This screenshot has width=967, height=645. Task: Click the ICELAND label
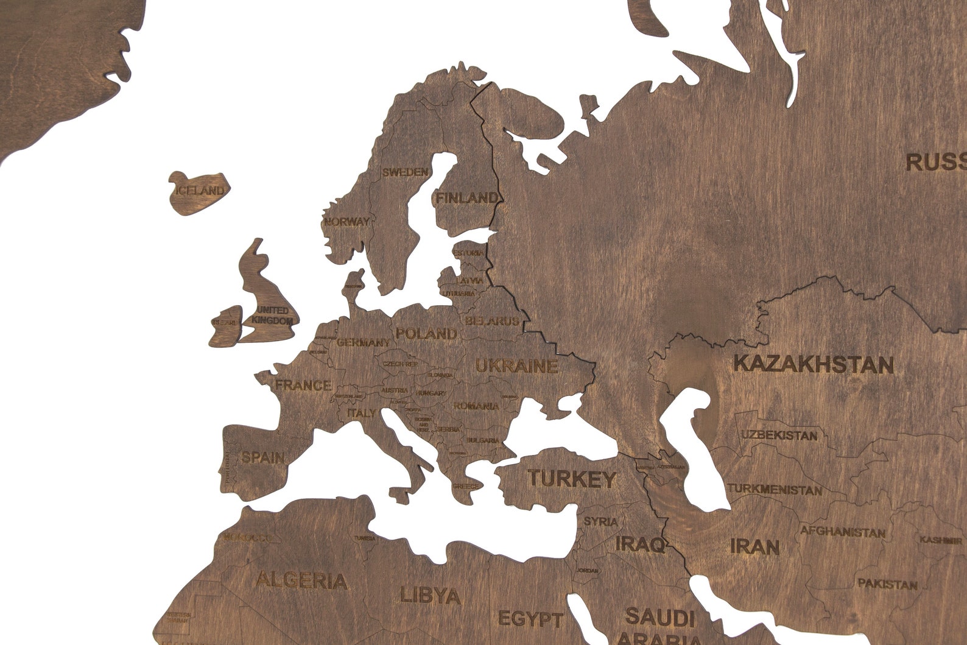[x=200, y=191]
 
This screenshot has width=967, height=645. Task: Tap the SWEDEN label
[x=405, y=172]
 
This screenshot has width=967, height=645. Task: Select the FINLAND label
[x=466, y=198]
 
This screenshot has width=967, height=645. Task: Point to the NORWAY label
[x=347, y=222]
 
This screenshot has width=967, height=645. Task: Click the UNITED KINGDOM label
[x=272, y=315]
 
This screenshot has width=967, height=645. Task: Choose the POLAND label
[x=426, y=334]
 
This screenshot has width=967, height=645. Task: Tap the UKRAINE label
[x=516, y=366]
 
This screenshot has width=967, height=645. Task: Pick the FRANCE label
[x=303, y=385]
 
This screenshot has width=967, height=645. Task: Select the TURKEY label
[x=572, y=479]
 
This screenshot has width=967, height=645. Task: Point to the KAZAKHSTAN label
[x=814, y=364]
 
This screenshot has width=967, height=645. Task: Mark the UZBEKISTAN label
[x=779, y=435]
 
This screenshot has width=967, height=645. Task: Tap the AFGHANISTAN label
[x=843, y=531]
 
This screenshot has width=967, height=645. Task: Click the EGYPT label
[x=530, y=619]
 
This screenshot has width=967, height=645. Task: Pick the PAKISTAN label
[x=887, y=584]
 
